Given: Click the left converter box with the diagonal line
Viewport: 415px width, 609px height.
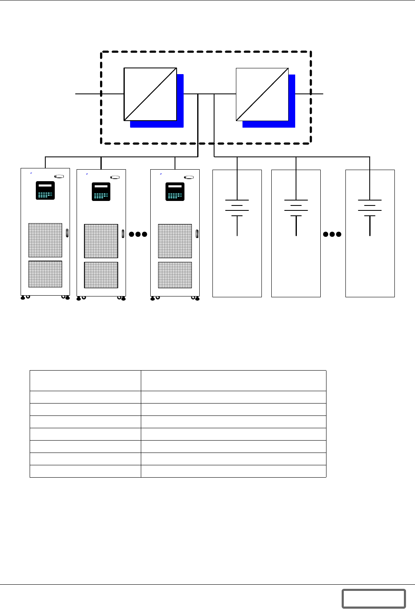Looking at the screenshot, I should [150, 94].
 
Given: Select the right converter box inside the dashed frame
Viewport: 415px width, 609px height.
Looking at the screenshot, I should [262, 94].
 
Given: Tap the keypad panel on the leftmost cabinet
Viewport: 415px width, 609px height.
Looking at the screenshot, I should [45, 190].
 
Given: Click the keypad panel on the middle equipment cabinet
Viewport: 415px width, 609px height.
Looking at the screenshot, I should [101, 191].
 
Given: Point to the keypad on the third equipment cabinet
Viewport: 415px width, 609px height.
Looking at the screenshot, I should [175, 191].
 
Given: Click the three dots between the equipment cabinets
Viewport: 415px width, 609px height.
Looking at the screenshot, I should [138, 234].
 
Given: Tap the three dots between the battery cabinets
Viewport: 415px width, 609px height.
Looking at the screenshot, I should [332, 234].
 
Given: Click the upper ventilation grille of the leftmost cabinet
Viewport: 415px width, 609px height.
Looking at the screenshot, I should [45, 240].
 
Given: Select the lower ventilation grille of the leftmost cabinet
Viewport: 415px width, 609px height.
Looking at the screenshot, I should [45, 274].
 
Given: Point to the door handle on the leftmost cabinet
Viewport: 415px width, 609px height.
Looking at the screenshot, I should [67, 233].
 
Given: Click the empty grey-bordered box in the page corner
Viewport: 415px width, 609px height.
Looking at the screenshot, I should [373, 598].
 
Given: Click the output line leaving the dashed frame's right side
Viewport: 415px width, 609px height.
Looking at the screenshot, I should [317, 94].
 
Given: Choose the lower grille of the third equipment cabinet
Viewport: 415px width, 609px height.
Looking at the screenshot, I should [175, 275].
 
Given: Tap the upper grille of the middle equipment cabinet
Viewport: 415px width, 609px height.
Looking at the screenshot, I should [101, 241].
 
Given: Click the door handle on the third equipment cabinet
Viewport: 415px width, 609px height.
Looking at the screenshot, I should [197, 233].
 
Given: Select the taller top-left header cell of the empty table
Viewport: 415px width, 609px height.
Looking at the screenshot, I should [85, 380].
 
